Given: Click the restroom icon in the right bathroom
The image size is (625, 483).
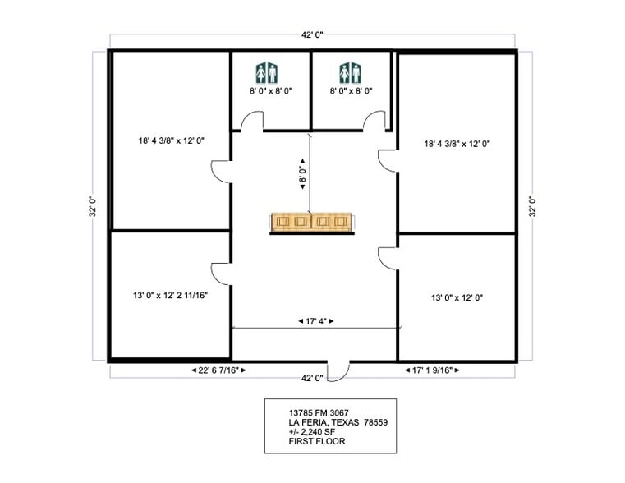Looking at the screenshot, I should [351, 72].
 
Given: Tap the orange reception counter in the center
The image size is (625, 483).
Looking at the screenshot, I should [313, 223].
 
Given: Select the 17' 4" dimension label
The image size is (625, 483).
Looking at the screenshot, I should [314, 321].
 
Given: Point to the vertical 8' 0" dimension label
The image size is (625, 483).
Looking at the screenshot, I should [302, 173].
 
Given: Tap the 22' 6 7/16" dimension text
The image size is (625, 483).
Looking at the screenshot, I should [218, 370].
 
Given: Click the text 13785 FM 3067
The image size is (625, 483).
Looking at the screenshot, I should [318, 412].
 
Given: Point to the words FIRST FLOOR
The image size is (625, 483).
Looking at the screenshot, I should [317, 441].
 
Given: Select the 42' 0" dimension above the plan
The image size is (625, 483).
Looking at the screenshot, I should [313, 35].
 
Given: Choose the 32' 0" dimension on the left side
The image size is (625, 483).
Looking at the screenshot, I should [94, 205].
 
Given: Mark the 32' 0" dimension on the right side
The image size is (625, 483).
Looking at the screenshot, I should [531, 205].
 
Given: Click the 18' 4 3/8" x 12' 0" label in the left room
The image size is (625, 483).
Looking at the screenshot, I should [171, 140].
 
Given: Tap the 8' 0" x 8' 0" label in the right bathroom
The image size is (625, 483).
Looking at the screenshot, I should [352, 91].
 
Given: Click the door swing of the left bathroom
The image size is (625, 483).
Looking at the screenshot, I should [250, 122].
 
